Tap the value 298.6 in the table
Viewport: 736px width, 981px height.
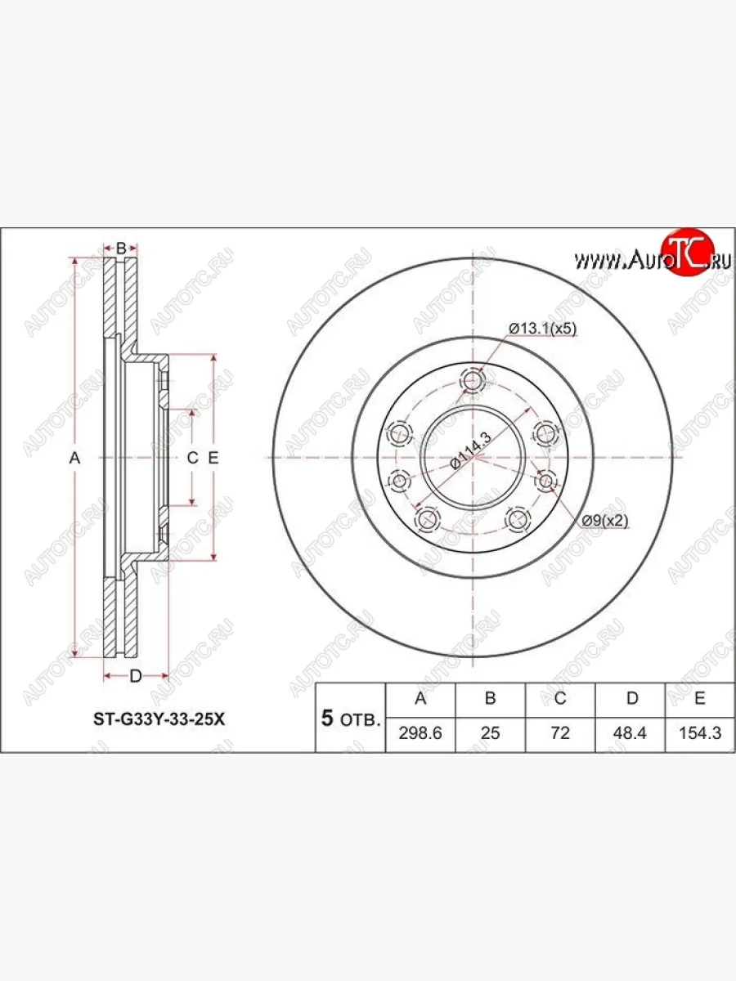point(420,733)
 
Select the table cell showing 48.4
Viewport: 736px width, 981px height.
point(631,733)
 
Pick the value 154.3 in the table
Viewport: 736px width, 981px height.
point(700,733)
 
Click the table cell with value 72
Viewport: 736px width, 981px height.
point(560,733)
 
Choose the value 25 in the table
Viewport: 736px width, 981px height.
point(490,733)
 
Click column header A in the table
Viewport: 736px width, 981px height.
point(420,698)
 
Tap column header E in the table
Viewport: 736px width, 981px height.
point(700,698)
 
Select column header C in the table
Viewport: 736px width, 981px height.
point(560,698)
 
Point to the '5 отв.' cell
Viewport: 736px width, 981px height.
point(350,719)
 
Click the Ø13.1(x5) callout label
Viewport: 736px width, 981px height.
point(542,328)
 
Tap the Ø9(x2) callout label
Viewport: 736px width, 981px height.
point(604,521)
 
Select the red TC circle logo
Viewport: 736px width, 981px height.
point(688,252)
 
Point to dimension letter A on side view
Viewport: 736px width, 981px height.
point(74,459)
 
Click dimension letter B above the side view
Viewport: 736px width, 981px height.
point(120,248)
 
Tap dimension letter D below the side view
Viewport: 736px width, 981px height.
point(136,675)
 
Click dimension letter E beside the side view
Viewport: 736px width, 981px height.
point(213,459)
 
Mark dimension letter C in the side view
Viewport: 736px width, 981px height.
point(193,459)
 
